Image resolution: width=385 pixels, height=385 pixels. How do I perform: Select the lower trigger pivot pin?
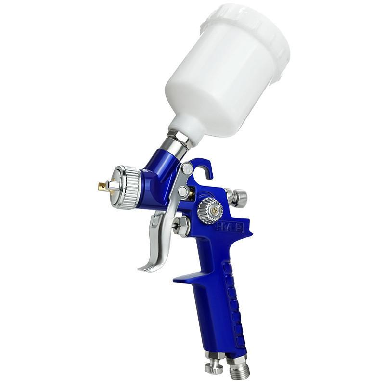(183, 192)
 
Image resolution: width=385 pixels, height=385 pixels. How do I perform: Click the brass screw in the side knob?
(215, 209)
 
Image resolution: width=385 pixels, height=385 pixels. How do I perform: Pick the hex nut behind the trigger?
(181, 227)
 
